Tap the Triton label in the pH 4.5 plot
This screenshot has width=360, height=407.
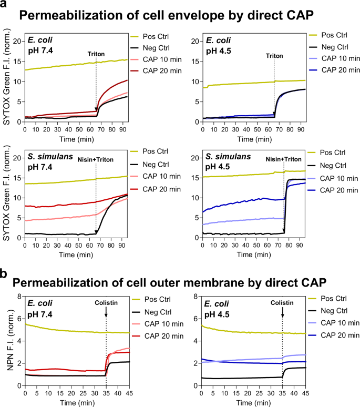click(274, 55)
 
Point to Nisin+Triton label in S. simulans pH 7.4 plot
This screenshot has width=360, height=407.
click(96, 159)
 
